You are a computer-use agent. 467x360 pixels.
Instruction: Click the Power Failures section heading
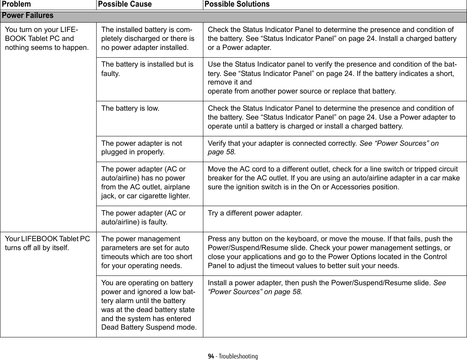click(x=28, y=16)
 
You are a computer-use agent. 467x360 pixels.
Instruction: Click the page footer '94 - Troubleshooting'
click(x=233, y=356)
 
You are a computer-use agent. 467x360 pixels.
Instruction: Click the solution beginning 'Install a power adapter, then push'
click(x=327, y=287)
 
